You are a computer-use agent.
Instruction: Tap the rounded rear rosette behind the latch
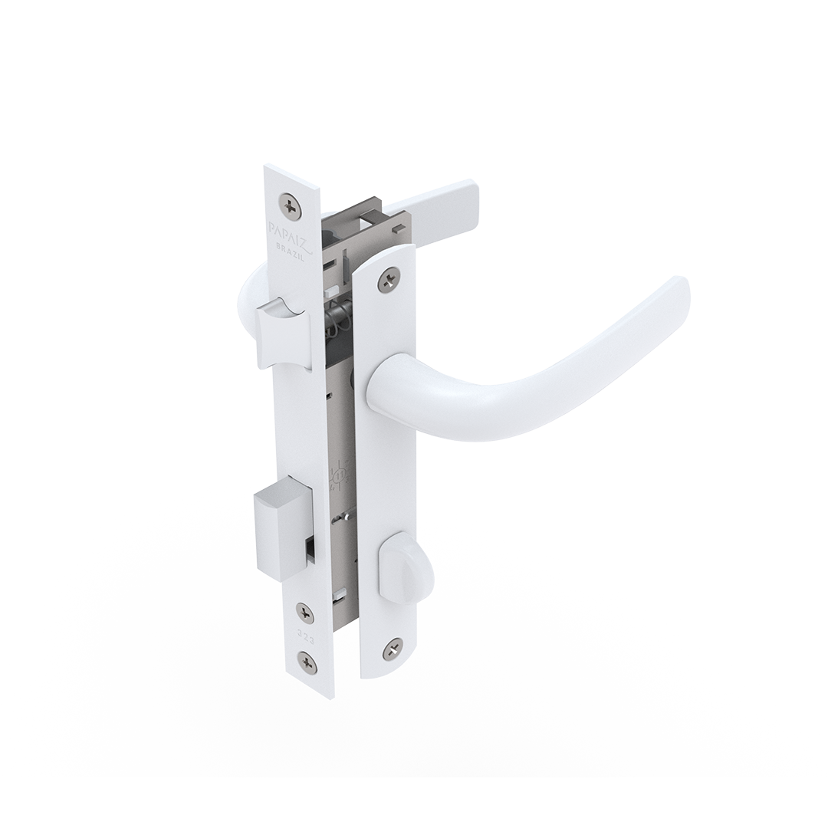[x=247, y=295]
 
